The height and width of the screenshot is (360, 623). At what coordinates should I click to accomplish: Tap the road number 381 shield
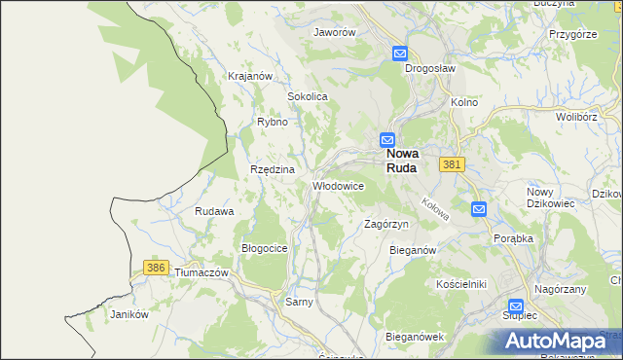(450, 165)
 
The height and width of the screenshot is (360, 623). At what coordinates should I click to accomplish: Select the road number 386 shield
(155, 267)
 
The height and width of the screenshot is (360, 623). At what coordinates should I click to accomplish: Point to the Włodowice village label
(338, 185)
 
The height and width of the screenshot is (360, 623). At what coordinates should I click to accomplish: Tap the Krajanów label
(248, 76)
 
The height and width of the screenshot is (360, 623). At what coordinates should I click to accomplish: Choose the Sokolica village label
(307, 97)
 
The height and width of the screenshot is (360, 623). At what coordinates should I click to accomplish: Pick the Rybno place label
(272, 123)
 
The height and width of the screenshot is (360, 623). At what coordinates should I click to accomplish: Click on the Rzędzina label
(273, 169)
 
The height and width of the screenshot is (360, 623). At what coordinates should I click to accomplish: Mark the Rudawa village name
(214, 211)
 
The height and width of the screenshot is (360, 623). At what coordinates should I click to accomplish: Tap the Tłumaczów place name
(201, 273)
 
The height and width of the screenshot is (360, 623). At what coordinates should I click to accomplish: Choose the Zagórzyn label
(385, 224)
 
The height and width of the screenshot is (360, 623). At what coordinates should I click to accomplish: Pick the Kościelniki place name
(461, 283)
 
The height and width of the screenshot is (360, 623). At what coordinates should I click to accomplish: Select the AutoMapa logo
(552, 341)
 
